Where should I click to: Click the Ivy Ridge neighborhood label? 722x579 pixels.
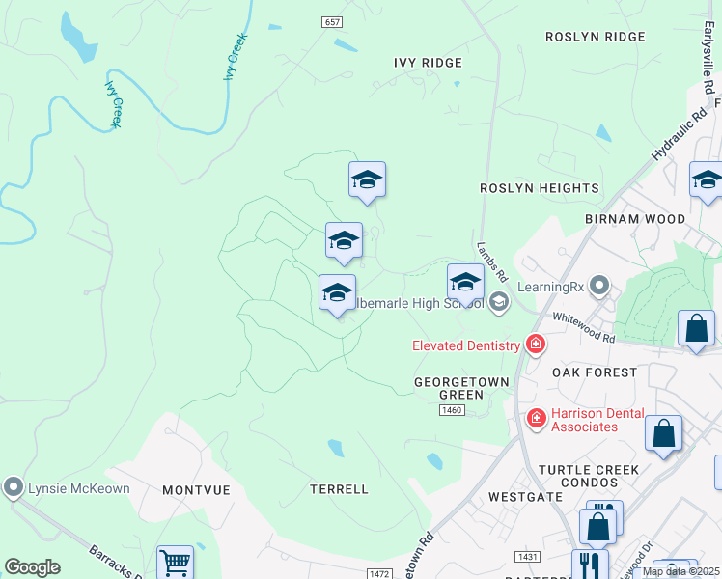pos(428,63)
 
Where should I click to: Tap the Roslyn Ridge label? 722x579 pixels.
pos(595,37)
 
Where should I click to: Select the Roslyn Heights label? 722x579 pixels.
pos(540,188)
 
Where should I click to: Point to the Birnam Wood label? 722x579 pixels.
pos(635,219)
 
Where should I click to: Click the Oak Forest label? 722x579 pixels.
pos(595,372)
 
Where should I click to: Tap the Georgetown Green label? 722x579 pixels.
pos(461,388)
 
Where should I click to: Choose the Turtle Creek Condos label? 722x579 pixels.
pos(589,477)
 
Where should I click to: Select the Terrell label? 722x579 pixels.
pos(339,489)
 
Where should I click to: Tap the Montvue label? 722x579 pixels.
pos(196,490)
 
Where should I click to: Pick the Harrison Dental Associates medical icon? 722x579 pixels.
pos(536,418)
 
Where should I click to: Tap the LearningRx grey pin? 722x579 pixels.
pos(599,285)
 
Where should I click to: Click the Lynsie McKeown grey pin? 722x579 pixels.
pos(13,487)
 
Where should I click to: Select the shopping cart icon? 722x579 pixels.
pos(175,562)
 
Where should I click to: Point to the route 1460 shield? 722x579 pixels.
pos(452,410)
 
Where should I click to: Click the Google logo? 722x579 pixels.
pos(32,567)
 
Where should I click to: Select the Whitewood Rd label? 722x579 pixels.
pos(583,327)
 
